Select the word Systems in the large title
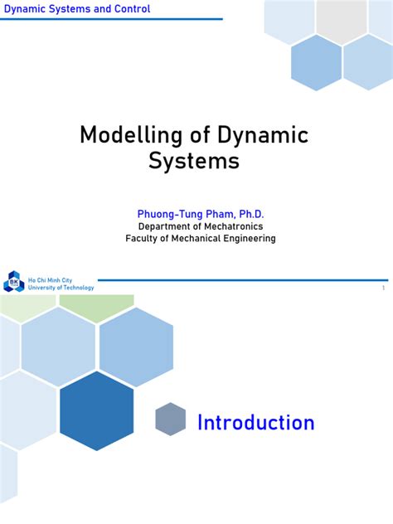pyautogui.click(x=194, y=160)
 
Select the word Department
pyautogui.click(x=166, y=226)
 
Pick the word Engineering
pyautogui.click(x=247, y=239)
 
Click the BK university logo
pyautogui.click(x=14, y=282)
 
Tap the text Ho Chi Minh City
pyautogui.click(x=50, y=280)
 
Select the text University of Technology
pyautogui.click(x=61, y=288)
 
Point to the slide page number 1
pyautogui.click(x=383, y=288)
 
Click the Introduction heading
pyautogui.click(x=255, y=423)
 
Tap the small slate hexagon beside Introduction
pyautogui.click(x=170, y=420)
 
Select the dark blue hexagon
pyautogui.click(x=97, y=411)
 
